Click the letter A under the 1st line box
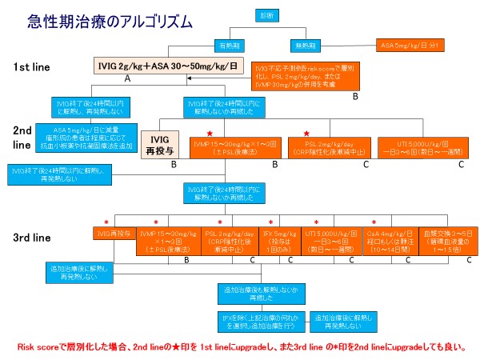tap(127, 80)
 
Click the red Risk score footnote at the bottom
tap(240, 348)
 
